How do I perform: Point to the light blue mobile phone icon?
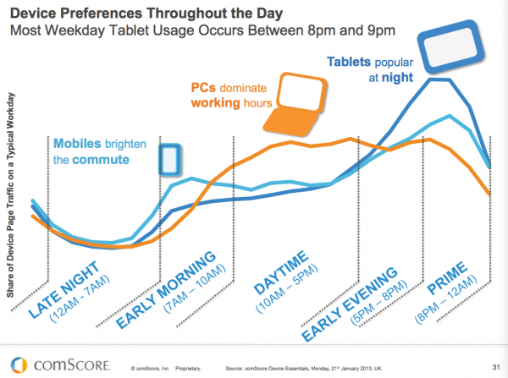(x=170, y=159)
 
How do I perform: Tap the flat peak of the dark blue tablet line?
(x=439, y=79)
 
